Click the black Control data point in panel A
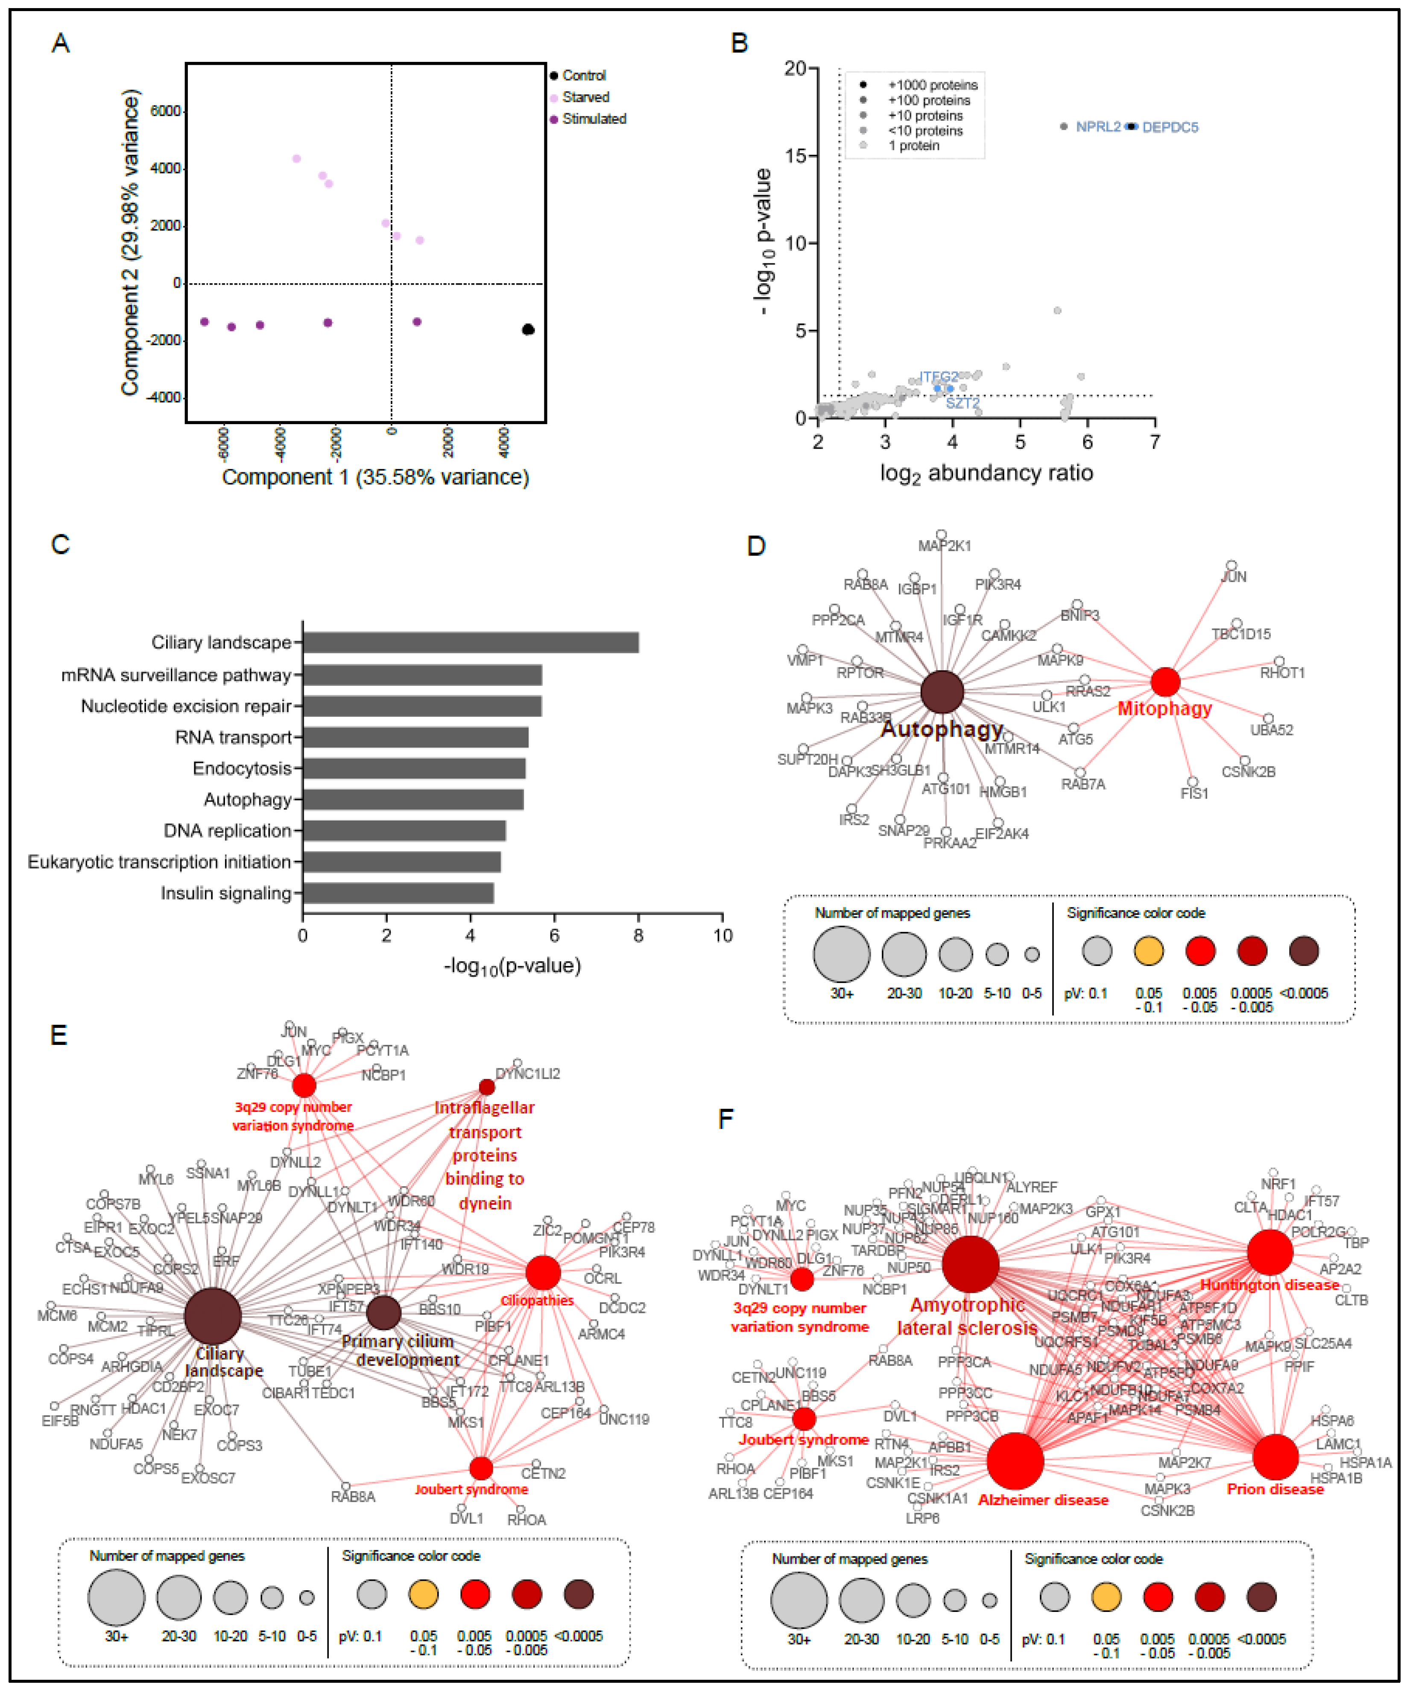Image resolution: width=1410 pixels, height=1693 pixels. (x=528, y=329)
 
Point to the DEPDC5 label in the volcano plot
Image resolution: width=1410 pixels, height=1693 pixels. (x=1170, y=128)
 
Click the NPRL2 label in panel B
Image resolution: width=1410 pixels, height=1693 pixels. (x=1098, y=127)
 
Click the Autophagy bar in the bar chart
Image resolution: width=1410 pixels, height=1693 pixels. (x=413, y=800)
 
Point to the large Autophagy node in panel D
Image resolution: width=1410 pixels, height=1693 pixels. (x=941, y=692)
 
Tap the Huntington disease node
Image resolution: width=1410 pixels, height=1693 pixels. (x=1270, y=1252)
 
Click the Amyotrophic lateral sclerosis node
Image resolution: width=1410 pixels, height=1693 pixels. (x=970, y=1264)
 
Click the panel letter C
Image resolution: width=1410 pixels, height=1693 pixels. (x=61, y=545)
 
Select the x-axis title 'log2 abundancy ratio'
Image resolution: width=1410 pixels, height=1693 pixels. (x=986, y=473)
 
